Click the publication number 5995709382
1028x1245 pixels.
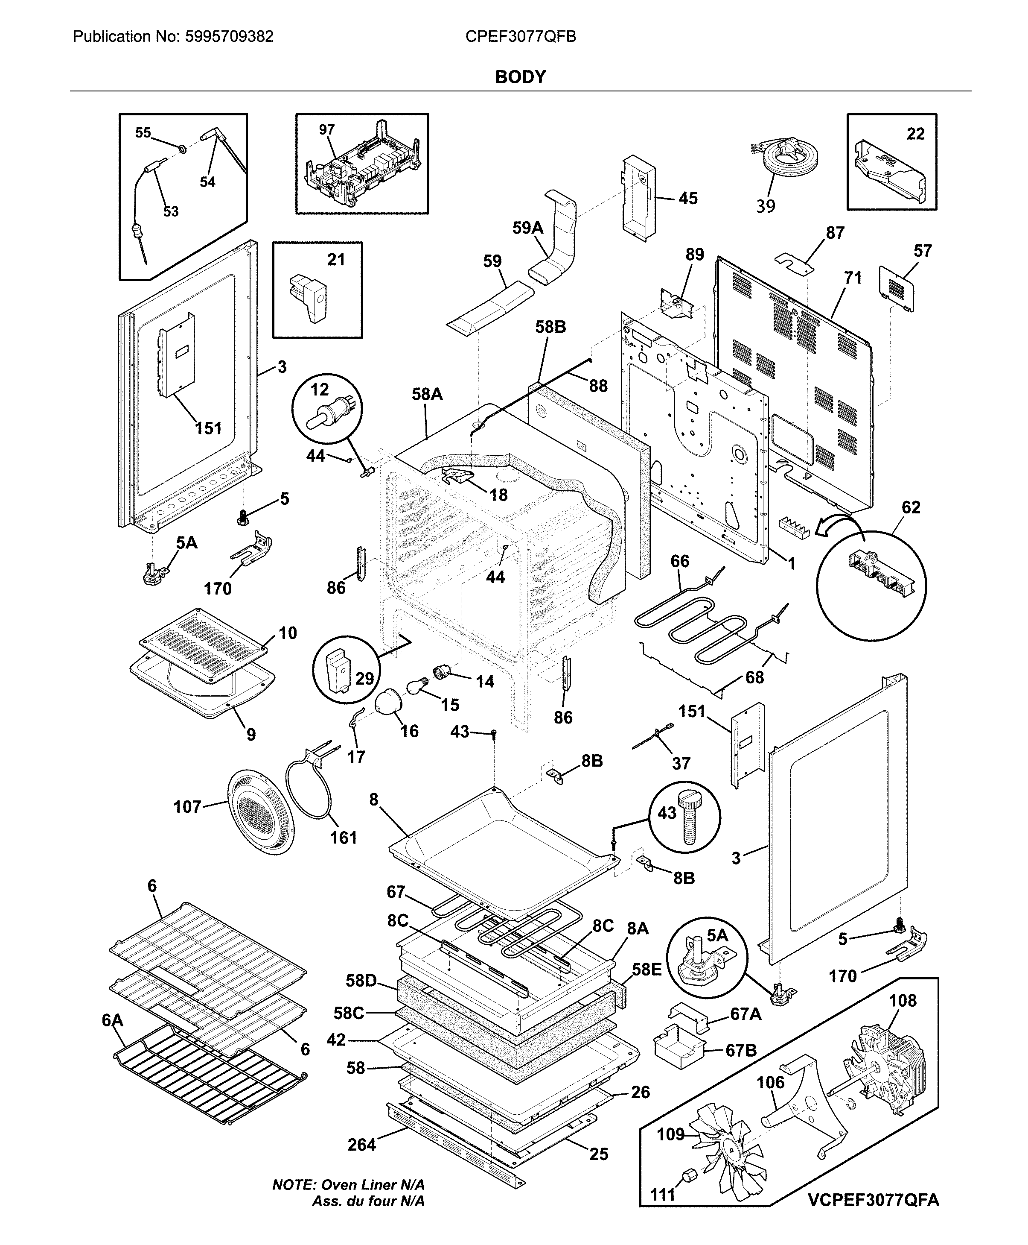click(229, 37)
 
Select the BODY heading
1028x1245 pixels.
click(521, 77)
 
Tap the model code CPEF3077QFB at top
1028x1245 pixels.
click(521, 37)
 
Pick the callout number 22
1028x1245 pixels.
click(915, 134)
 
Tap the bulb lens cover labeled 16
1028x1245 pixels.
click(390, 703)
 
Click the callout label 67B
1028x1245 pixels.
click(741, 1051)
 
